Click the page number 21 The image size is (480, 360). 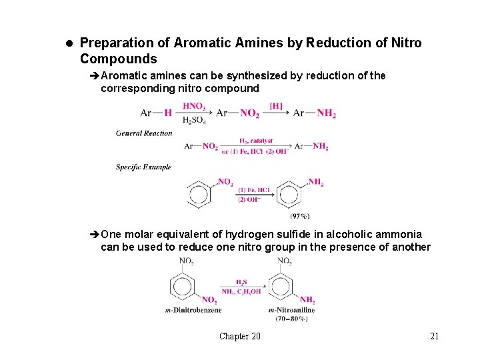pyautogui.click(x=434, y=336)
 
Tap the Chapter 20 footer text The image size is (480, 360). pyautogui.click(x=240, y=336)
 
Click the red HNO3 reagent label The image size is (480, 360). pyautogui.click(x=194, y=106)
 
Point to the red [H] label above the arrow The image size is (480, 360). pyautogui.click(x=275, y=106)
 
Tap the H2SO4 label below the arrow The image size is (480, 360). pyautogui.click(x=194, y=121)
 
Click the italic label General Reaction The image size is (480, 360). pyautogui.click(x=144, y=133)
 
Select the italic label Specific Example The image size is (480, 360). pyautogui.click(x=144, y=167)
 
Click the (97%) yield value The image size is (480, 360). pyautogui.click(x=299, y=216)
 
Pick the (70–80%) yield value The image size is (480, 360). pyautogui.click(x=291, y=319)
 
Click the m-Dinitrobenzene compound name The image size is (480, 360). pyautogui.click(x=193, y=310)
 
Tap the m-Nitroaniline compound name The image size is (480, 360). pyautogui.click(x=291, y=310)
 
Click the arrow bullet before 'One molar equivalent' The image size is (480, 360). pyautogui.click(x=95, y=235)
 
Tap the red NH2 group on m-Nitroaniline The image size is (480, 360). pyautogui.click(x=307, y=300)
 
